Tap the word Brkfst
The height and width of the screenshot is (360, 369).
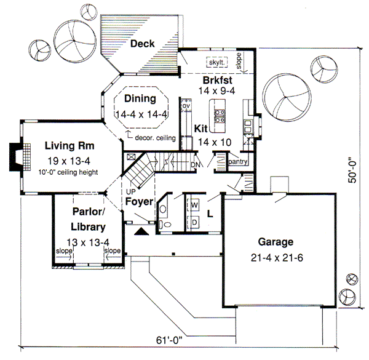pos(218,80)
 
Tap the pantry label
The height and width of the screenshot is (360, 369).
pos(237,162)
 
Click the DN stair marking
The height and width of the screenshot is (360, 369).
pos(195,165)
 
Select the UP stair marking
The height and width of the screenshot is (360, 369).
pos(131,191)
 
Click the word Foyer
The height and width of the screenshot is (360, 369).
pos(139,201)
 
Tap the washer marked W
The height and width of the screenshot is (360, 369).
pos(193,204)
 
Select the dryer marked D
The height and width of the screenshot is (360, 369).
pos(193,220)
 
